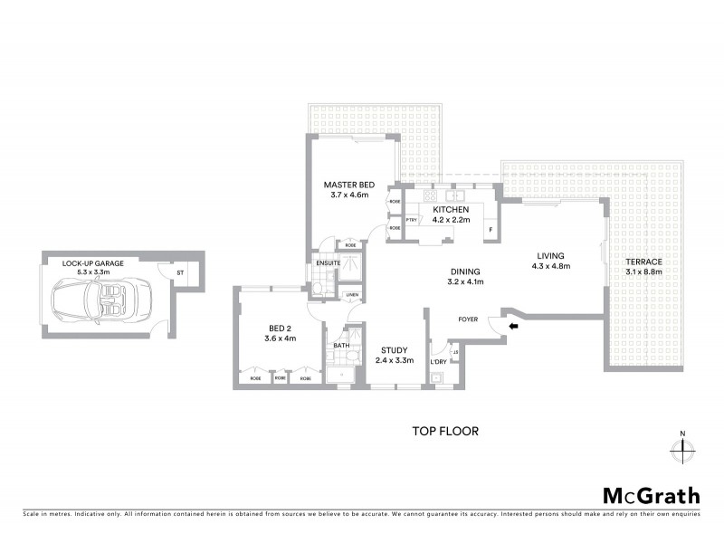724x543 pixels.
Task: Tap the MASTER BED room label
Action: pos(348,184)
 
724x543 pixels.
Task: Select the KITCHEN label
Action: pos(450,208)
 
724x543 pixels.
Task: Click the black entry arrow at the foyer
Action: pos(514,327)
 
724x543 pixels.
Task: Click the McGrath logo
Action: pos(652,495)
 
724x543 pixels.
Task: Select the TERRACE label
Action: pos(643,262)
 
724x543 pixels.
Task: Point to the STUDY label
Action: pos(394,349)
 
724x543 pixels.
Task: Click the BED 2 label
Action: pos(278,329)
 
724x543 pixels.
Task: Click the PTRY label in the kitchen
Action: pos(411,219)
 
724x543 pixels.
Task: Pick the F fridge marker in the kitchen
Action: pos(490,230)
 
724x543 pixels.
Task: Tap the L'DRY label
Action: pos(439,362)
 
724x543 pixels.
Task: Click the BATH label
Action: pos(340,345)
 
